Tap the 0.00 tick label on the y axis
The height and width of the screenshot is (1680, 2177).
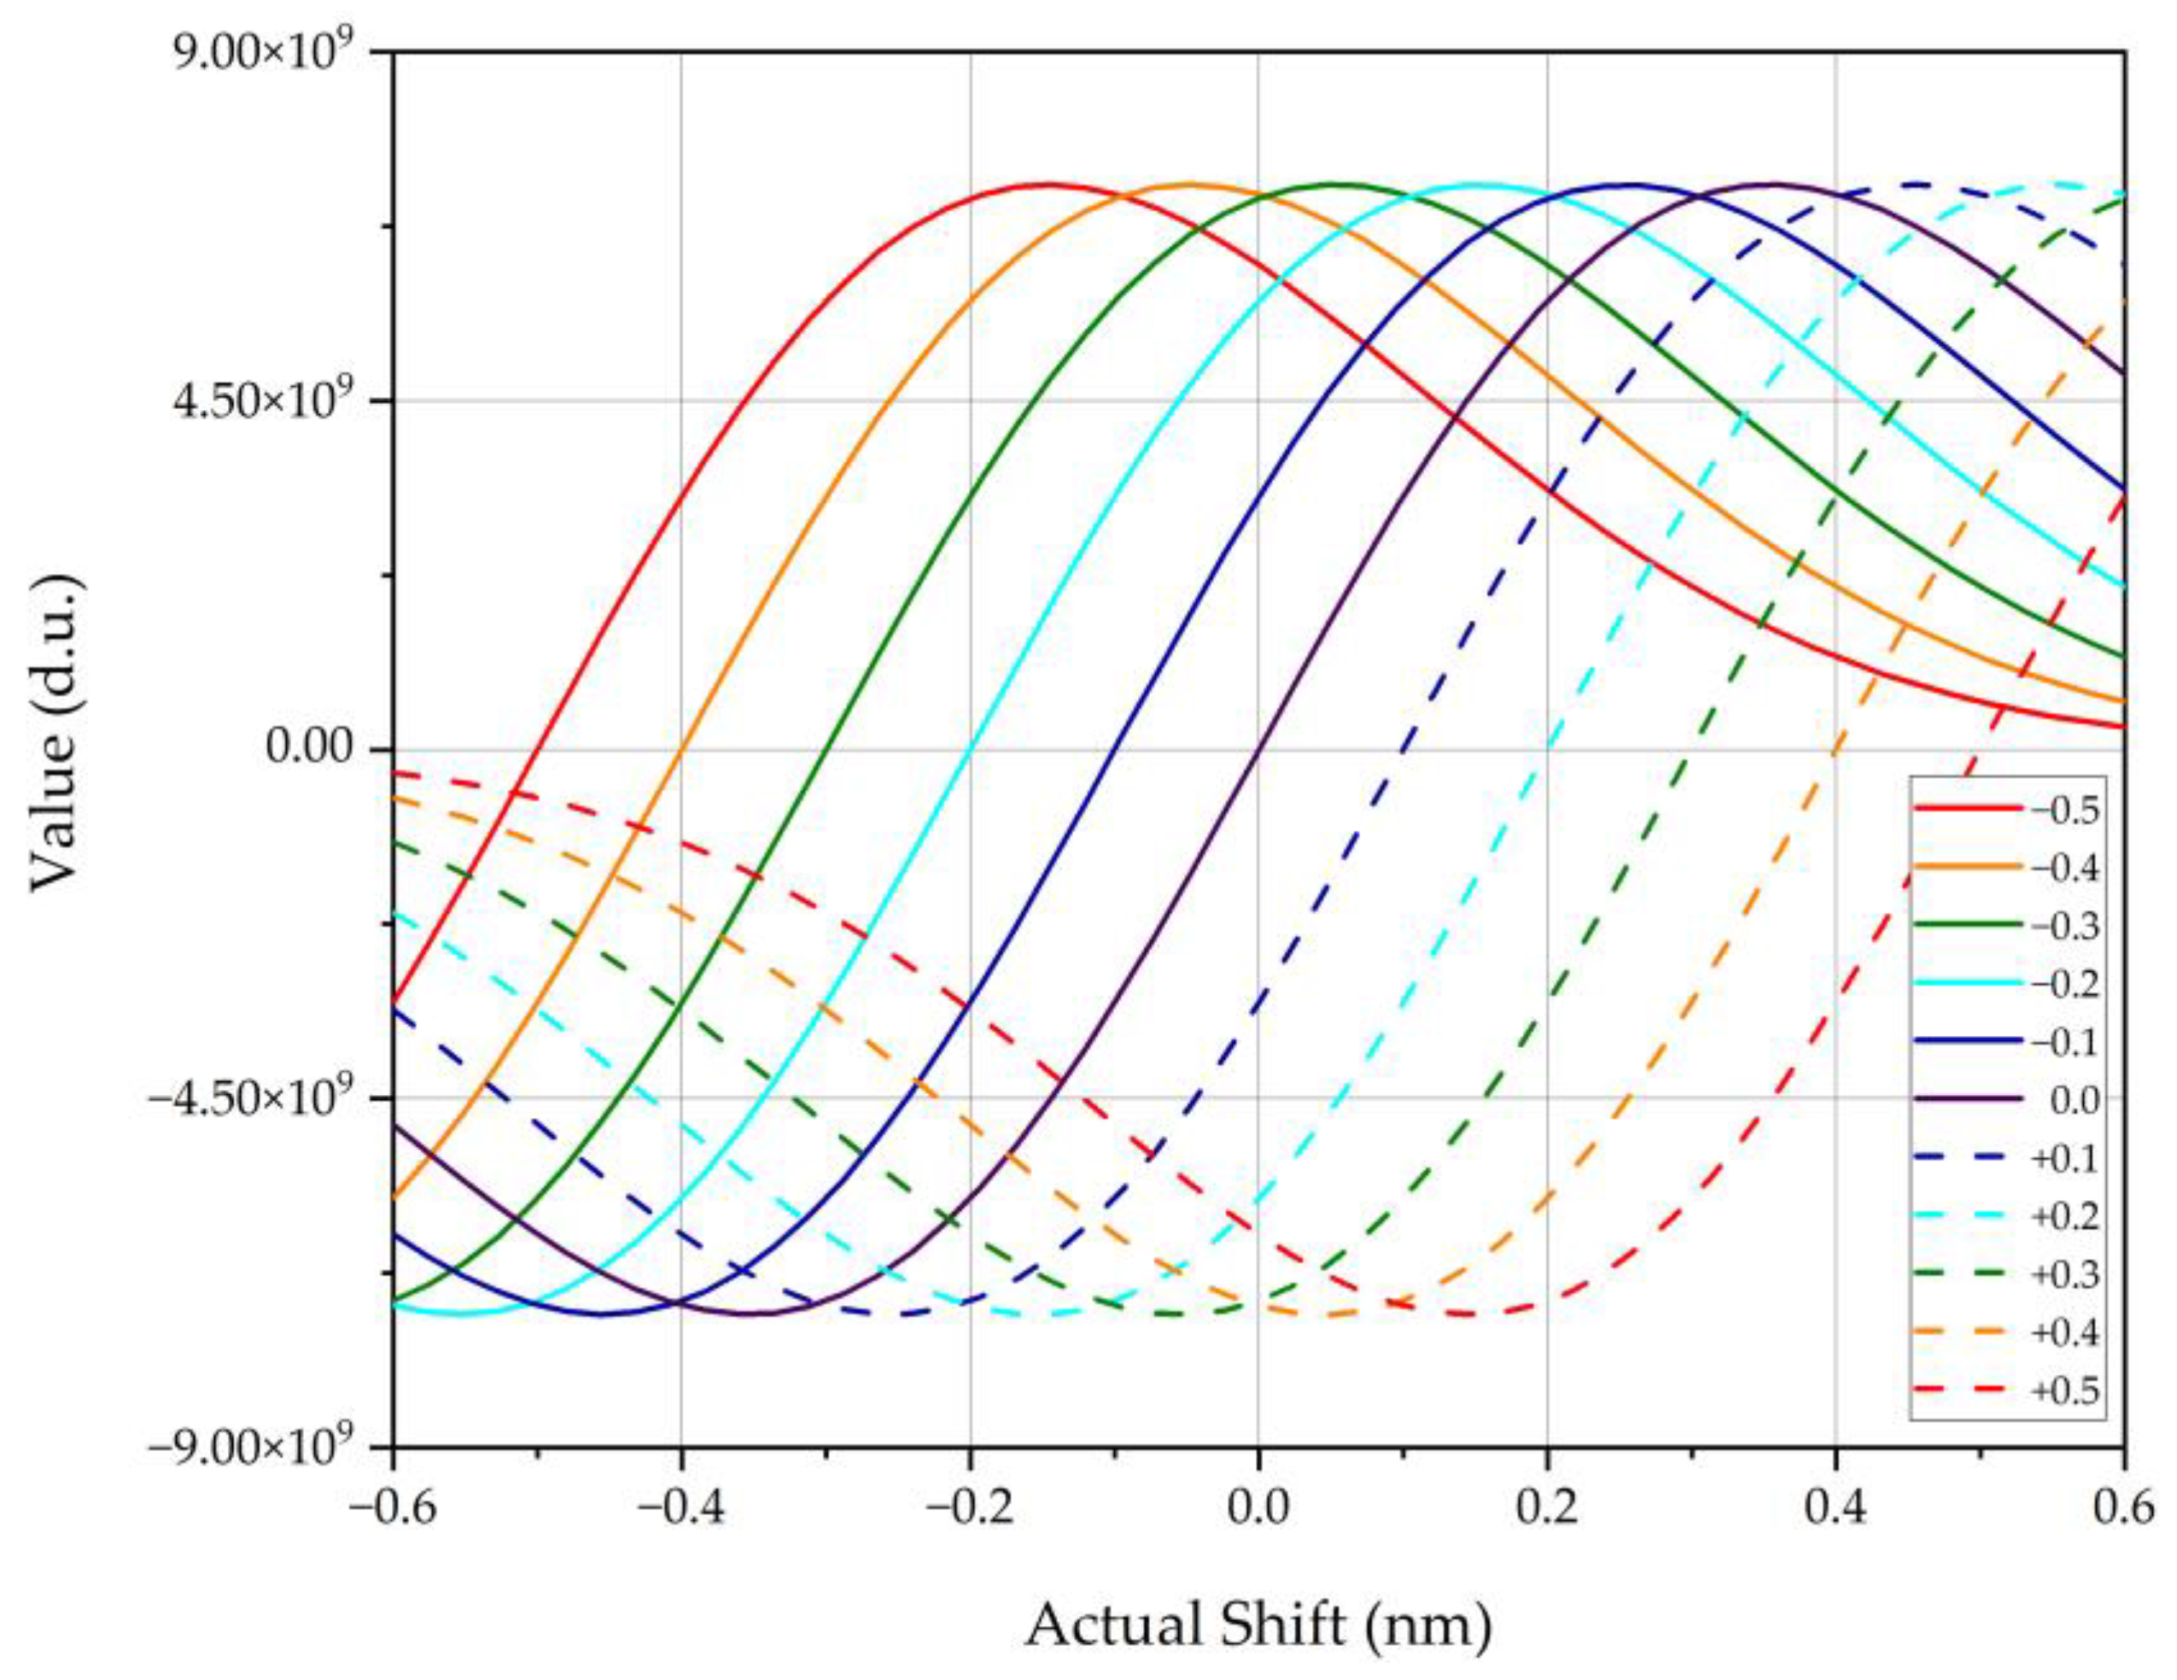click(x=311, y=749)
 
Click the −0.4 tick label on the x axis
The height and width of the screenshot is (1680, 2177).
click(x=680, y=1508)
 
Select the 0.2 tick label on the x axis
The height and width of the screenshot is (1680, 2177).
click(x=1546, y=1508)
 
